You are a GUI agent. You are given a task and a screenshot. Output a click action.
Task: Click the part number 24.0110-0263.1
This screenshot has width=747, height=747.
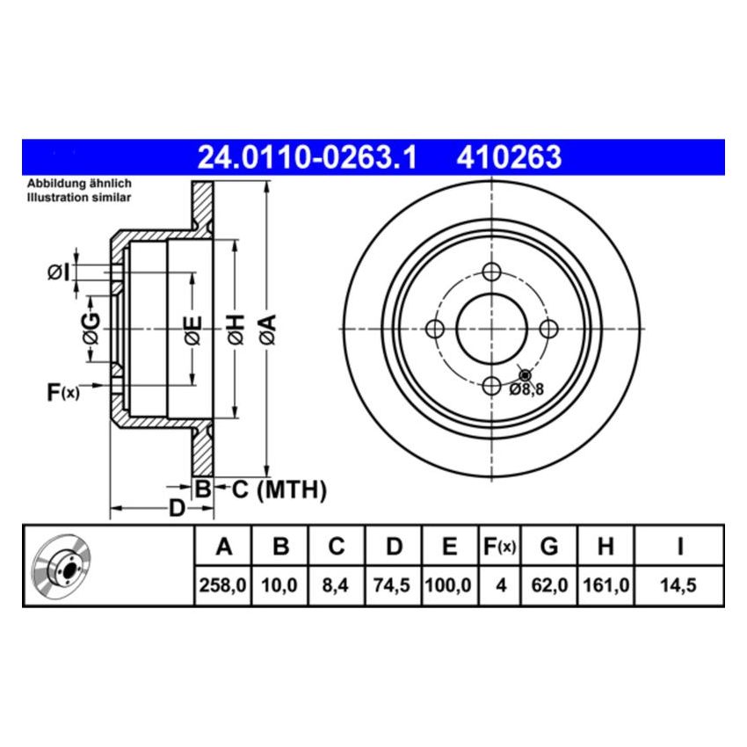[307, 157]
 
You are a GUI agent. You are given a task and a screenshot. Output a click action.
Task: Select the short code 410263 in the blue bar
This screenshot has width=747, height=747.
[508, 157]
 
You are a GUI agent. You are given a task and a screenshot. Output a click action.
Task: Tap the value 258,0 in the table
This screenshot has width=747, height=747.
[223, 585]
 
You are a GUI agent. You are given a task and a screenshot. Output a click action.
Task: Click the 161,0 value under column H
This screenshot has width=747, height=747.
[606, 585]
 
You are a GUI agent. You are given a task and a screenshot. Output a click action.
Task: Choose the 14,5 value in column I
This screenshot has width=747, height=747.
[679, 585]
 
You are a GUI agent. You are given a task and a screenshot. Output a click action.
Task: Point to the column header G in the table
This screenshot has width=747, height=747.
[548, 547]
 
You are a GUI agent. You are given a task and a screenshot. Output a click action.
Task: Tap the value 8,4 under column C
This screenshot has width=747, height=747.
[337, 585]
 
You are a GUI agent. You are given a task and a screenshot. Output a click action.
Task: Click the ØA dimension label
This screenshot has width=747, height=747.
[268, 329]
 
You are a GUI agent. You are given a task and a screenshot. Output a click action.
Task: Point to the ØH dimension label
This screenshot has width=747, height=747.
[234, 329]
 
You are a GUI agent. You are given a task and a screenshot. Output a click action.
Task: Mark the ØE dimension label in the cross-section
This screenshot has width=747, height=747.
[192, 329]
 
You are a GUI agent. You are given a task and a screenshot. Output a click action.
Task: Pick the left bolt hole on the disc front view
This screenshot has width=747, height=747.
[433, 329]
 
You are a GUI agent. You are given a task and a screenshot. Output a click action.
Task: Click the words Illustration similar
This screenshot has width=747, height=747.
[79, 198]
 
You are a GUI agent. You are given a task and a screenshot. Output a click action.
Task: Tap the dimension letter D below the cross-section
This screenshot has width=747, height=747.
[177, 509]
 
